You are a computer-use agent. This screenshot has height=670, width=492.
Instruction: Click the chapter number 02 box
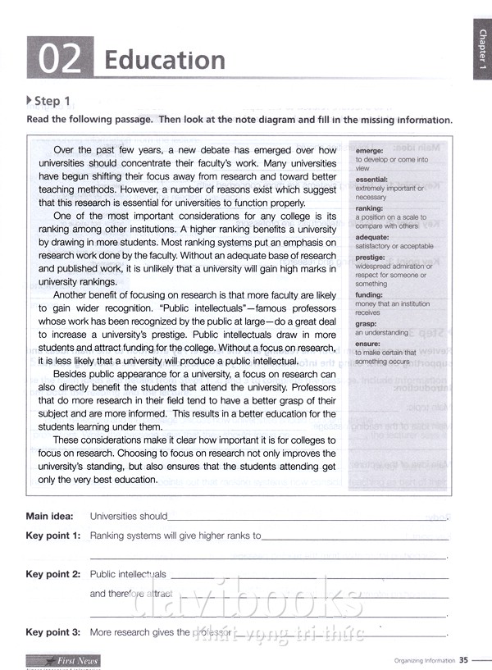coord(60,59)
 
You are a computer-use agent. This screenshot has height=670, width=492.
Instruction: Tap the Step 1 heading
coord(52,102)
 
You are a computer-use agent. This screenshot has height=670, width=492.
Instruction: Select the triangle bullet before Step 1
coord(30,101)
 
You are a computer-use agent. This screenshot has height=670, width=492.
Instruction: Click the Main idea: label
coord(49,517)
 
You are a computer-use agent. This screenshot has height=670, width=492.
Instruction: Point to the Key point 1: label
coord(53,536)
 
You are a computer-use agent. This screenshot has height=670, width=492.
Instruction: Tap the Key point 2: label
coord(53,574)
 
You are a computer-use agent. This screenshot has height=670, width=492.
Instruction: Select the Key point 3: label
coord(53,632)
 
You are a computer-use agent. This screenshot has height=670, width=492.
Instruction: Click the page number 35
coord(463,659)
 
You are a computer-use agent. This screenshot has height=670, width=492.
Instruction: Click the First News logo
coord(62,660)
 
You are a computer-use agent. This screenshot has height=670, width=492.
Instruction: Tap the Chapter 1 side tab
coord(482,52)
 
